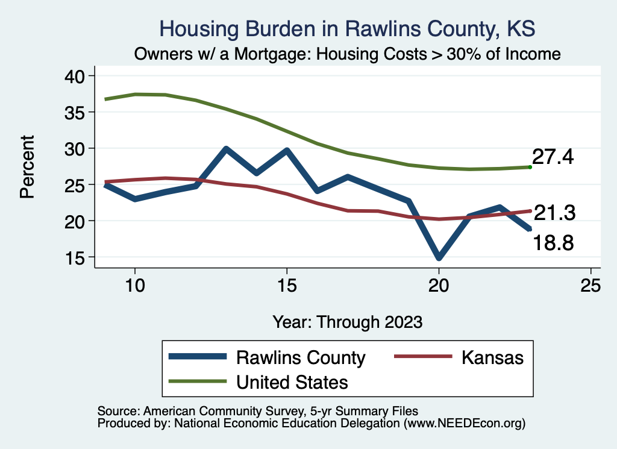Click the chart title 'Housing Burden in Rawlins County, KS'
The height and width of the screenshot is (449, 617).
[x=346, y=28]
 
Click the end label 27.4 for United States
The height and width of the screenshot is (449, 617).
[x=553, y=157]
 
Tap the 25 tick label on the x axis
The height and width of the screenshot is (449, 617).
[x=590, y=286]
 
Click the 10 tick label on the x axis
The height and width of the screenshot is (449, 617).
[x=134, y=286]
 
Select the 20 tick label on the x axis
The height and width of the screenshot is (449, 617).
[x=439, y=286]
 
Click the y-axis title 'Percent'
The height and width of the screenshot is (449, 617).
[x=27, y=166]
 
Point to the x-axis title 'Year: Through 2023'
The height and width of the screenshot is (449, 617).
[x=347, y=321]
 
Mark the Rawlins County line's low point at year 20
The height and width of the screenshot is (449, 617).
[x=439, y=258]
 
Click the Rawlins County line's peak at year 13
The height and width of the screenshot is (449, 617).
[x=225, y=149]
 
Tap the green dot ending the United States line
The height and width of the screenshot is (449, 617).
[x=530, y=167]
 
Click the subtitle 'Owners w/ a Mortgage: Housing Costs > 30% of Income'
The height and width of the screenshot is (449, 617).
[x=347, y=54]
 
